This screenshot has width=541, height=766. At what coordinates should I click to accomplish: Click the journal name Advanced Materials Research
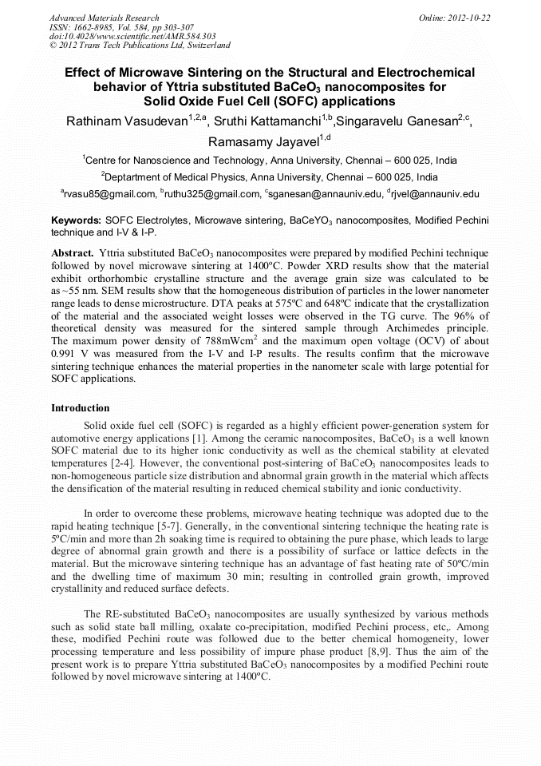[104, 18]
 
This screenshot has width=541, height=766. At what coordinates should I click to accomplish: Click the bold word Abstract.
[72, 252]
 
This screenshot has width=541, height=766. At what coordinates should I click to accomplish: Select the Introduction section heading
[81, 408]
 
